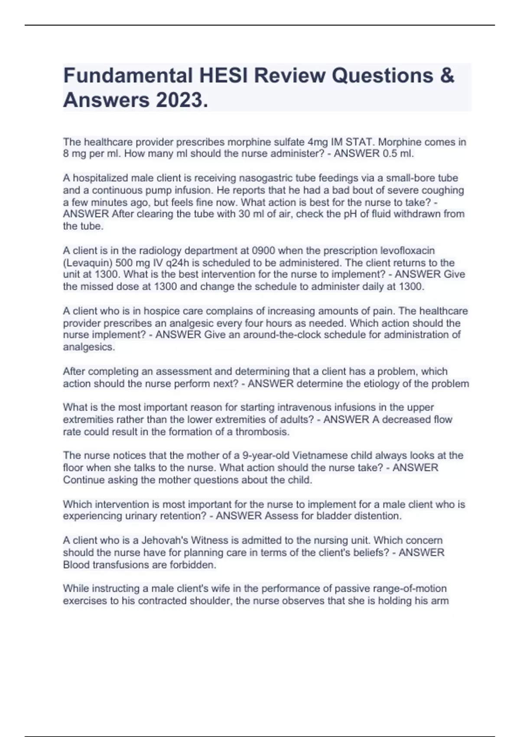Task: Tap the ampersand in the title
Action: pos(447,75)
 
